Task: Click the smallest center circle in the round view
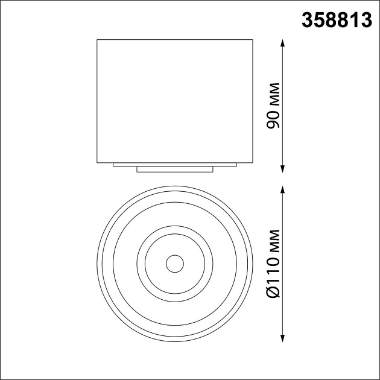coord(175,263)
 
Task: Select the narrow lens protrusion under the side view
coord(175,169)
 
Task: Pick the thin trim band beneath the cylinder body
coord(175,165)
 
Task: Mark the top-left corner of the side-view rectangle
coord(97,40)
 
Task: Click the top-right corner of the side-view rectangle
coord(253,40)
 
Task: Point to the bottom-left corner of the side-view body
coord(97,162)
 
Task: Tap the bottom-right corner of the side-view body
coord(253,162)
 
